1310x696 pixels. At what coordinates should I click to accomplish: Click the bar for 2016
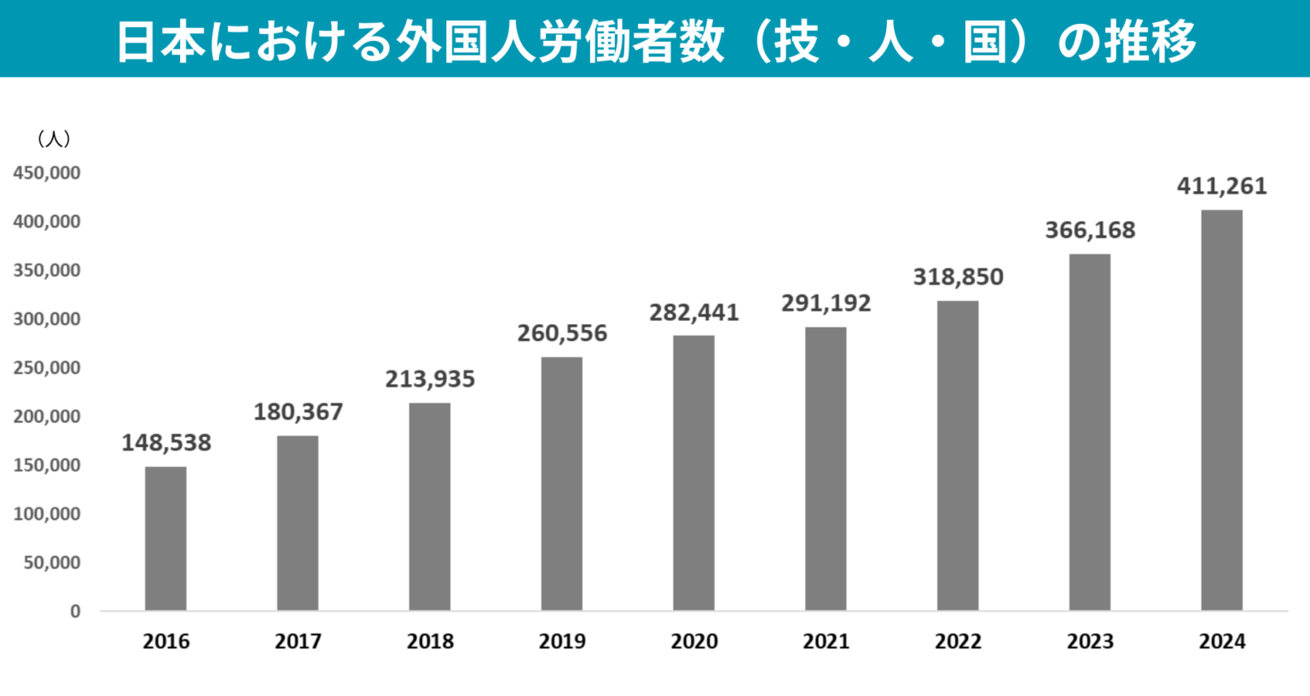click(165, 538)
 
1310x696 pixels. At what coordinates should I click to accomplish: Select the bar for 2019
click(562, 484)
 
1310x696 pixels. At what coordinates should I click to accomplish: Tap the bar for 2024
click(1221, 410)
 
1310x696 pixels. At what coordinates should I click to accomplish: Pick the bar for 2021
click(826, 469)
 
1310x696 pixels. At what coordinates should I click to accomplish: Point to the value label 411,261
click(1221, 186)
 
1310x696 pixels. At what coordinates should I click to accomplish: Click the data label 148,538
click(165, 443)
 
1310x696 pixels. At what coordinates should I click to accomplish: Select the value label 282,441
click(693, 312)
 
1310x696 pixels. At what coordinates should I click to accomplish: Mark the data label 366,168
click(1090, 230)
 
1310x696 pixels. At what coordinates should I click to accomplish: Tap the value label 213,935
click(430, 379)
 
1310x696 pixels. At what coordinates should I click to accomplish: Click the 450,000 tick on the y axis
click(47, 173)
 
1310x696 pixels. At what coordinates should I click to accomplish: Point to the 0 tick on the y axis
click(75, 612)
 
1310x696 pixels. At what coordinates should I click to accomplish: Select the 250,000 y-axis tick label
click(47, 368)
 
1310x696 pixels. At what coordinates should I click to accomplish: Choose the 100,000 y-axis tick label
click(47, 514)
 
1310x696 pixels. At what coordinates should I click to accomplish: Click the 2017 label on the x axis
click(298, 641)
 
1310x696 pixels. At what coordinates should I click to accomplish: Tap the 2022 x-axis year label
click(958, 641)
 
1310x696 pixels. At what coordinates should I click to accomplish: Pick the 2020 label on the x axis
click(693, 641)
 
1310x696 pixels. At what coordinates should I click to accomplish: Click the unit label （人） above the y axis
click(54, 139)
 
